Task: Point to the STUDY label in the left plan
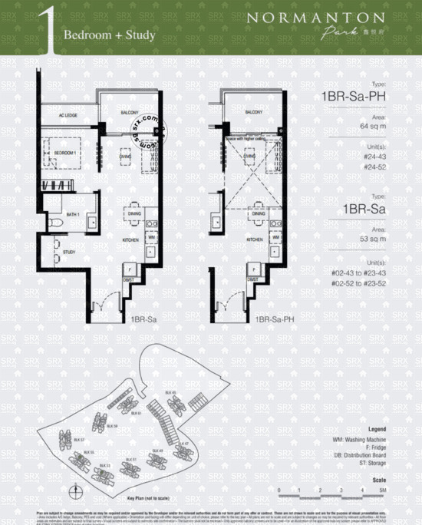68,251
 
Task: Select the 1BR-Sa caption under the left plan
142,318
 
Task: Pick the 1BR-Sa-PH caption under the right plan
270,318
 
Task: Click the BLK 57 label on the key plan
79,439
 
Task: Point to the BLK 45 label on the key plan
173,392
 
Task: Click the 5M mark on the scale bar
381,489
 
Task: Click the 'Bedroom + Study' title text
110,35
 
